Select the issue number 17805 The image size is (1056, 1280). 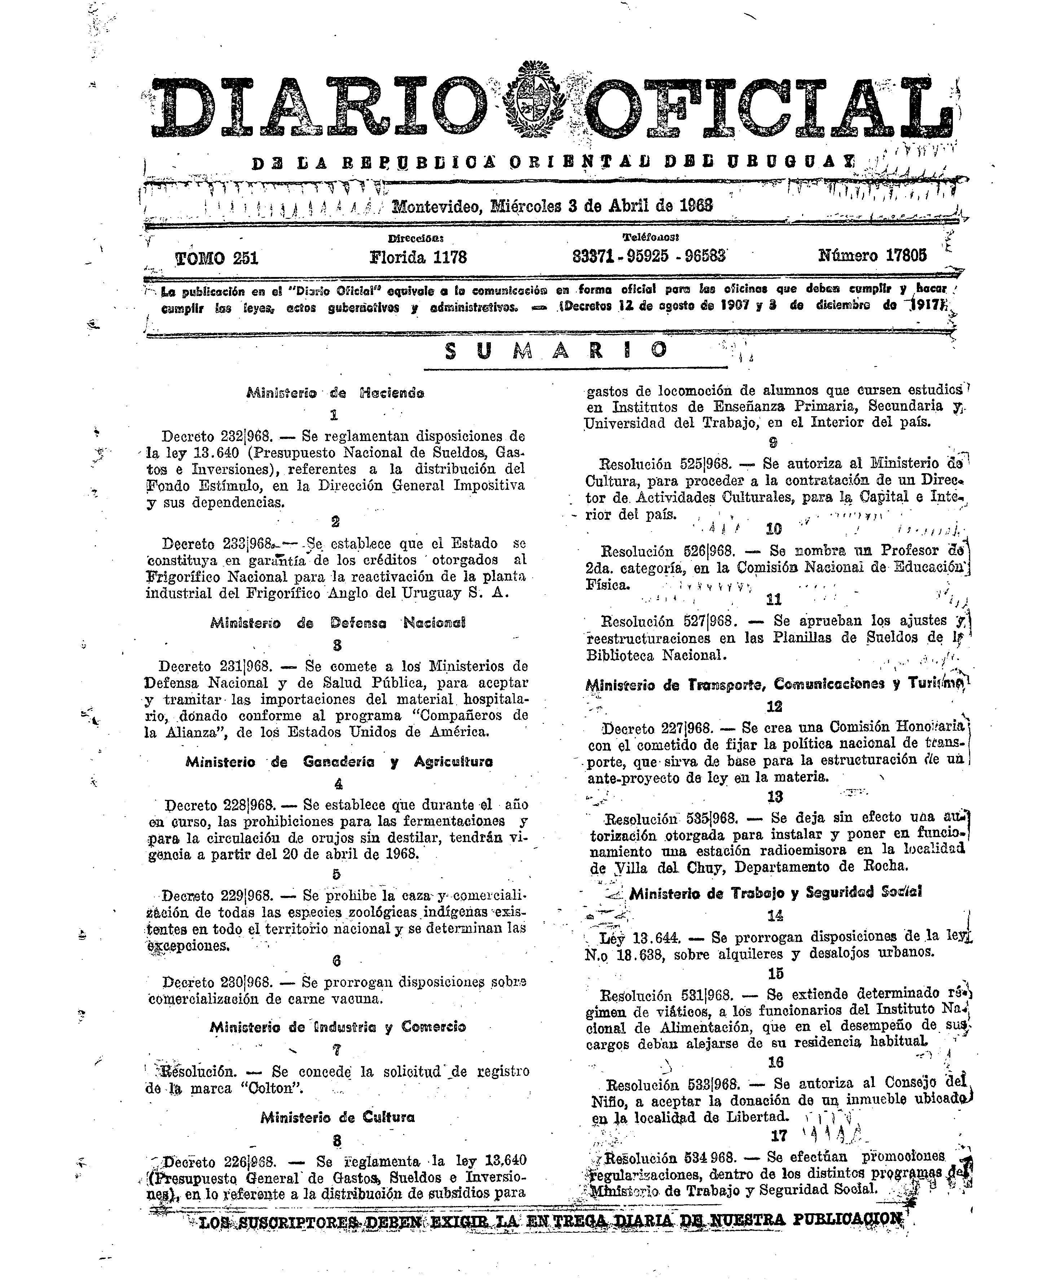pos(873,255)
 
